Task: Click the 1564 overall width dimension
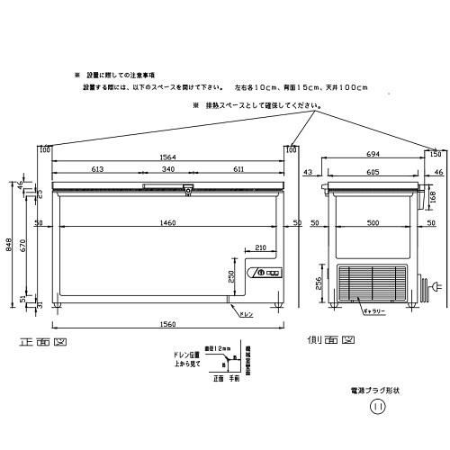click(x=168, y=155)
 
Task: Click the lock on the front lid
click(x=188, y=189)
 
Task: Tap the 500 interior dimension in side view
click(x=372, y=221)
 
